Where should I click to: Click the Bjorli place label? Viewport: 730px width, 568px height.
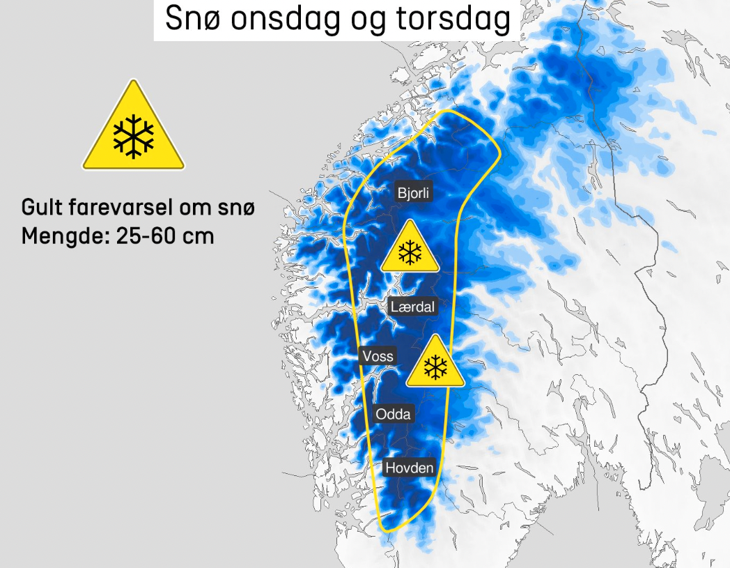click(414, 193)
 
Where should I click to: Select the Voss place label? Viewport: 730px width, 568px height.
click(378, 356)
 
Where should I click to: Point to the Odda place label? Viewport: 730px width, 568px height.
click(394, 414)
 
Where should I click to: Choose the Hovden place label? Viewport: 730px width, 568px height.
click(409, 468)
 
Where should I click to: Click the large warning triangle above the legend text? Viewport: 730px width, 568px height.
click(134, 130)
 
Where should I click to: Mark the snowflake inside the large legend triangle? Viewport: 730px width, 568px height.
click(134, 135)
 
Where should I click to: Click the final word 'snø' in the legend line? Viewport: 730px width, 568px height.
click(237, 208)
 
